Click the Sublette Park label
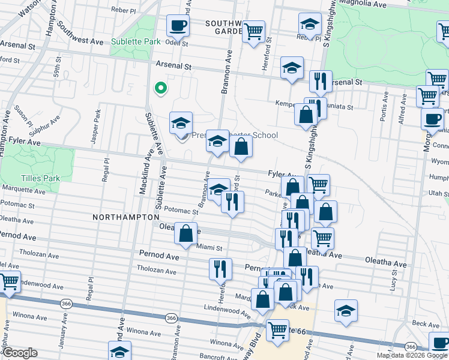coord(136,41)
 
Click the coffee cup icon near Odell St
coord(177,26)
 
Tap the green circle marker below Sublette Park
coord(160,89)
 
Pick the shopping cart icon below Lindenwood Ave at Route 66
coord(277,329)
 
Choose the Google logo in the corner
coord(20,353)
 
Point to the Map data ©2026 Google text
coord(411,355)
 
